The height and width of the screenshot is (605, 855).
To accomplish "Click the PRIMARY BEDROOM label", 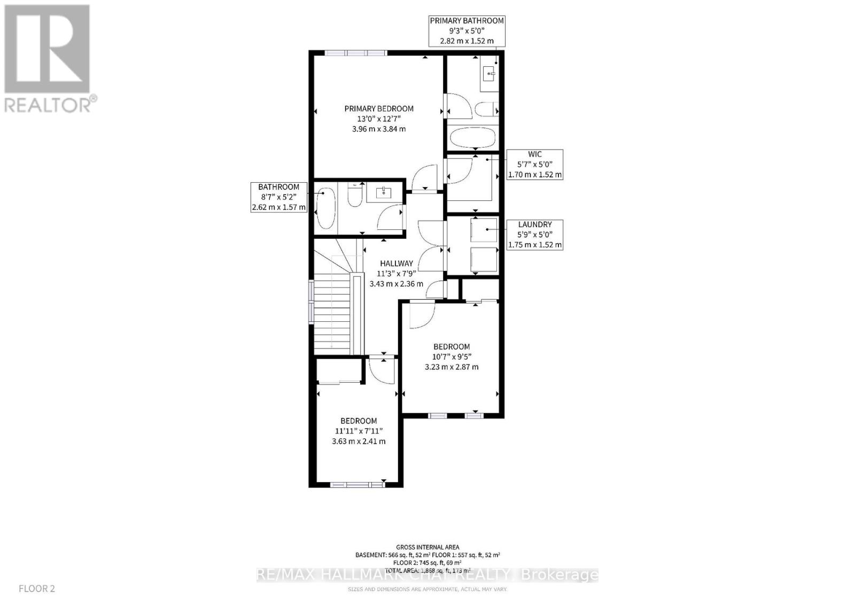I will click(378, 108).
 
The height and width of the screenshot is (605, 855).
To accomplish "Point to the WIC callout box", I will click(534, 165).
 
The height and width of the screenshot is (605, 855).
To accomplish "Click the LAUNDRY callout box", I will click(534, 235).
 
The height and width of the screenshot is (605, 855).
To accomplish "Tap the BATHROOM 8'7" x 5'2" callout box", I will click(279, 197).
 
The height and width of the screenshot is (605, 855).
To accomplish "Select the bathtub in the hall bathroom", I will click(325, 210).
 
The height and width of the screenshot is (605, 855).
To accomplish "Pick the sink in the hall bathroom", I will click(384, 192).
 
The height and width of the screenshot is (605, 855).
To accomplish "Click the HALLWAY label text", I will click(396, 263).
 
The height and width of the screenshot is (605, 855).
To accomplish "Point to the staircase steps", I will click(331, 315).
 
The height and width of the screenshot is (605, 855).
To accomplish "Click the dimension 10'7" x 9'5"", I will click(452, 357).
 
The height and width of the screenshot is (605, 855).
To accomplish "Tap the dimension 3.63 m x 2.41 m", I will click(359, 441).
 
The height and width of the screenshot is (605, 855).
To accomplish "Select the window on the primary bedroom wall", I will click(355, 53).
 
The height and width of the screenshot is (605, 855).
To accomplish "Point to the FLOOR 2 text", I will click(37, 589).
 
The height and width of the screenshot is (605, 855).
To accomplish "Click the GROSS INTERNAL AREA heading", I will click(428, 547).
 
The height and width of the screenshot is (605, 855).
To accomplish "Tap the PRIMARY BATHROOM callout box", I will click(467, 30).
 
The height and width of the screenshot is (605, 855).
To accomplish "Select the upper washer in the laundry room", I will click(484, 230).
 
